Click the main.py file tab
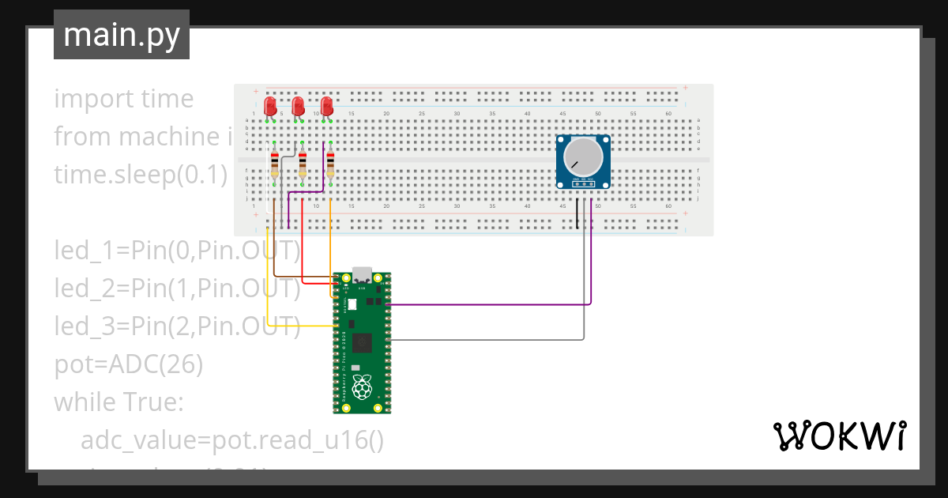point(121,35)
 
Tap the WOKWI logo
point(838,436)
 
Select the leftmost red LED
point(270,106)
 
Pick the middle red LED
point(298,106)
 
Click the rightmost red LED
point(326,106)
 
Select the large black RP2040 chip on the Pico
point(363,342)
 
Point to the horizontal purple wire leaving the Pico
point(490,304)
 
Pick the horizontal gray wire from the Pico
point(490,340)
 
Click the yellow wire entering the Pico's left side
point(300,325)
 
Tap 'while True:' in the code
point(118,402)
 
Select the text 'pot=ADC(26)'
point(129,364)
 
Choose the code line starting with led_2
point(177,289)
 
